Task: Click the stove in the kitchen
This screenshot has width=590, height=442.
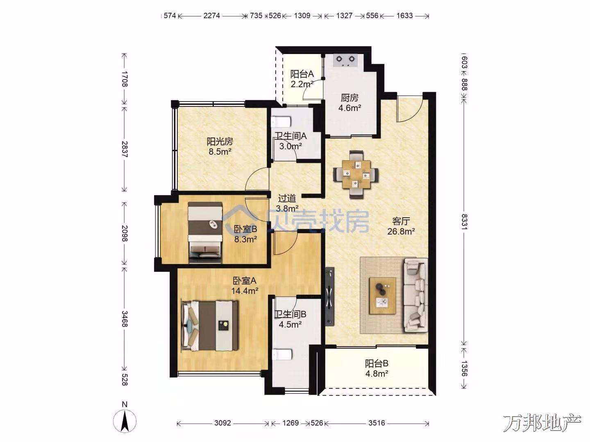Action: tap(345, 61)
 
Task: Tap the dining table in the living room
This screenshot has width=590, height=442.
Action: tap(356, 175)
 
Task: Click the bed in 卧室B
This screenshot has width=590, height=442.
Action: tap(205, 232)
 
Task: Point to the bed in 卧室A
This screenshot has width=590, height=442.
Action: tap(210, 325)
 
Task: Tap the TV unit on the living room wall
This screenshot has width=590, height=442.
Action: tap(329, 296)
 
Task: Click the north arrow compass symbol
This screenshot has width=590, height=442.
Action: tap(125, 421)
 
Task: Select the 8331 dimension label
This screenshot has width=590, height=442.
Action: tap(464, 221)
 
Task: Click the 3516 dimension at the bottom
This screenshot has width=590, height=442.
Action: tap(377, 423)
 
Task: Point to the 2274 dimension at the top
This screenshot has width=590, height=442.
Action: tap(211, 16)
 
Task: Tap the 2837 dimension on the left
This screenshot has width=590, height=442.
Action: tap(124, 149)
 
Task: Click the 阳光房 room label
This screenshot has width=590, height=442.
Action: tap(220, 141)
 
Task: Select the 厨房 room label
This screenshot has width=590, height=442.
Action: tap(349, 98)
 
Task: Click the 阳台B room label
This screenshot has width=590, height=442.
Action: tap(377, 364)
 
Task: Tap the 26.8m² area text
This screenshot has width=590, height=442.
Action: tap(401, 231)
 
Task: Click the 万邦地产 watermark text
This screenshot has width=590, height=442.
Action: tap(542, 423)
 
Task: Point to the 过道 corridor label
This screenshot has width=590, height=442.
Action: tap(287, 198)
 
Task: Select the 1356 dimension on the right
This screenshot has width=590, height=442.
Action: tap(464, 369)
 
